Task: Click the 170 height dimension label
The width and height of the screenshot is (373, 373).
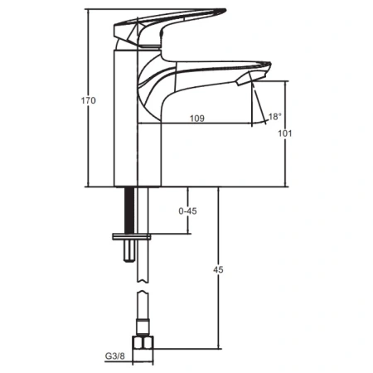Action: (x=88, y=100)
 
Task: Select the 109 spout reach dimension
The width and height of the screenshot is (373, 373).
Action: (x=197, y=119)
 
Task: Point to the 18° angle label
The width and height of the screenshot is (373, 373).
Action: (x=274, y=117)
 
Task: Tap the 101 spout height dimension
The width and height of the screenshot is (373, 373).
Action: (x=284, y=133)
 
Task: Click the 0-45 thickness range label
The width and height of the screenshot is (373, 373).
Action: (x=187, y=211)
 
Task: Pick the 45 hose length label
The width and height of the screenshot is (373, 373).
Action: (x=218, y=269)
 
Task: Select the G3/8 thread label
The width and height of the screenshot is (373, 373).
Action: (x=115, y=356)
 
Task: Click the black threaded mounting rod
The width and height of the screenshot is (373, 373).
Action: (x=129, y=211)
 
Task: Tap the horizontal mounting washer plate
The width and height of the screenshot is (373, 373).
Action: (x=132, y=237)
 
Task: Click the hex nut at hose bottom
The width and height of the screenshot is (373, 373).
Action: (x=143, y=343)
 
